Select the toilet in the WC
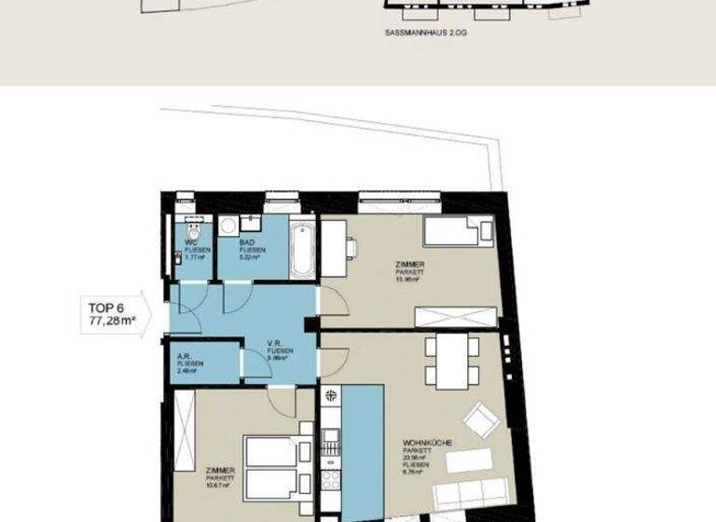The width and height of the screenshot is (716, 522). pyautogui.click(x=193, y=228)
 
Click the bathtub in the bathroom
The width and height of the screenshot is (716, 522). pyautogui.click(x=301, y=249)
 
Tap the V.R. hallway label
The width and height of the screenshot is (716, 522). pyautogui.click(x=275, y=342)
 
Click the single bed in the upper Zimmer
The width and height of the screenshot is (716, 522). pyautogui.click(x=458, y=231)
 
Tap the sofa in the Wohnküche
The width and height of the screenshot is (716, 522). pyautogui.click(x=471, y=494)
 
